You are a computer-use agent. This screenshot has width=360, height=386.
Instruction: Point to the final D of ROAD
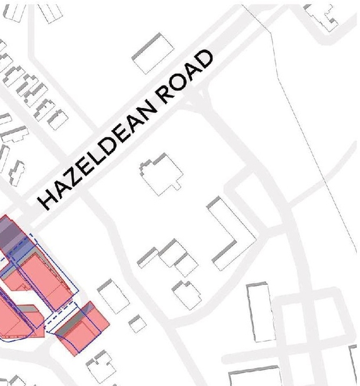[x=204, y=61]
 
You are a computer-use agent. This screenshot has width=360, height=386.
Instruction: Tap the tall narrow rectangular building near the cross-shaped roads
[x=261, y=312]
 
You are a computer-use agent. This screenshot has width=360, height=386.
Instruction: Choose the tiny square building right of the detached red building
[x=137, y=324]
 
